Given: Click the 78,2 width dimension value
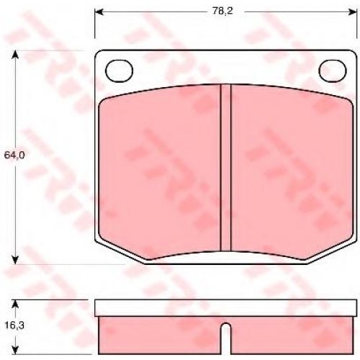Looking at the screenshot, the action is point(222,12).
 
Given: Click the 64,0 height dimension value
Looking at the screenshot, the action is point(14,156).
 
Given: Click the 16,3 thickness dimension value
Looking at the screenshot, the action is point(14,325).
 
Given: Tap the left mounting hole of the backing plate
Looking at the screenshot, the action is point(119,71).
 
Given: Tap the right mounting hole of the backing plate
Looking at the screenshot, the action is point(333,71).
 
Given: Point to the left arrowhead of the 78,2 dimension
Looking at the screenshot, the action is point(99,12).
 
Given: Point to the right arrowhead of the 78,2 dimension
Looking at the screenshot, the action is point(353,12).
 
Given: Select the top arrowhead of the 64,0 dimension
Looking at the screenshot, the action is point(15,55).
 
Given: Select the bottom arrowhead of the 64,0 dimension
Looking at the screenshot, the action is point(15,260).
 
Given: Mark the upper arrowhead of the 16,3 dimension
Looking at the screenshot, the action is point(15,305).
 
